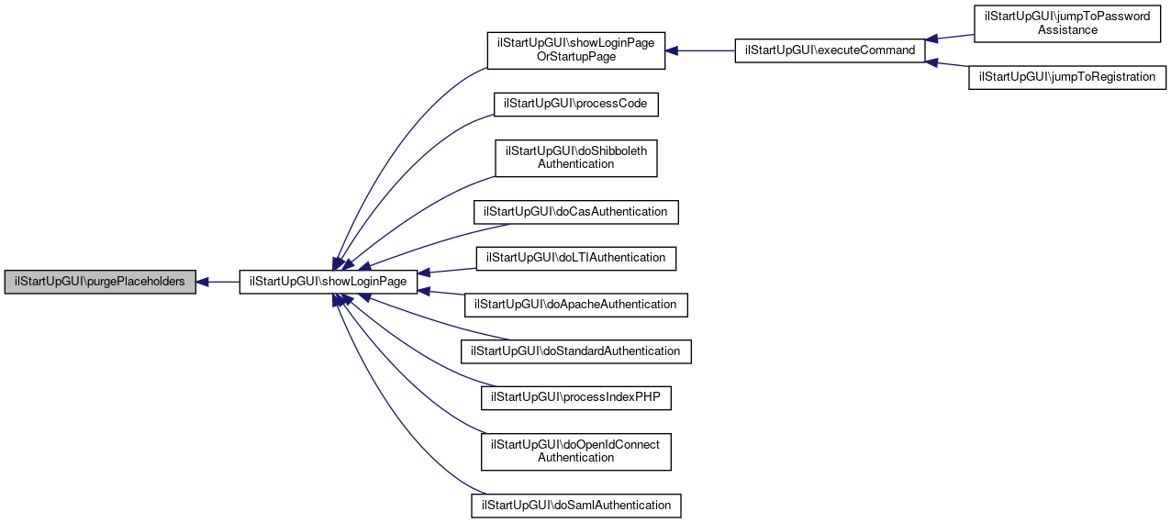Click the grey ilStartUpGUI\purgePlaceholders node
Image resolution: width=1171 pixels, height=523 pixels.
click(x=100, y=282)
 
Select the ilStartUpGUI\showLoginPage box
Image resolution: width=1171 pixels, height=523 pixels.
click(x=329, y=282)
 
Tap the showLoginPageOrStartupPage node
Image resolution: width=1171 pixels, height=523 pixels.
click(x=576, y=50)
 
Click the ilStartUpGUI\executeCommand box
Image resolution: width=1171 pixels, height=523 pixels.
click(x=831, y=50)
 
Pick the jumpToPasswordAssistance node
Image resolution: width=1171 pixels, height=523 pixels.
click(x=1067, y=24)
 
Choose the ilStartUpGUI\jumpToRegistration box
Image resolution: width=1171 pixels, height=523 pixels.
click(x=1067, y=77)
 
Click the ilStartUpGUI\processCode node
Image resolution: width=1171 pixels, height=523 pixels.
click(x=576, y=105)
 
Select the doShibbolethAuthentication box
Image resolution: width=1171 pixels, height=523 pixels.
click(x=576, y=159)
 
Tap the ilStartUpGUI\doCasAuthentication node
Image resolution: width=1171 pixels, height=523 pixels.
click(x=576, y=212)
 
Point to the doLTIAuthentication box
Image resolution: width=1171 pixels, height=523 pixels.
click(x=576, y=259)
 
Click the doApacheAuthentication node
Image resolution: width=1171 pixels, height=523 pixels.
click(x=576, y=306)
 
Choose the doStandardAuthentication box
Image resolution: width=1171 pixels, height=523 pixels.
click(x=576, y=351)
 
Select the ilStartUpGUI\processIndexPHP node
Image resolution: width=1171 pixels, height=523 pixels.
click(x=576, y=398)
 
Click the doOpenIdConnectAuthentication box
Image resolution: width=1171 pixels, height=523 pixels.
click(x=576, y=452)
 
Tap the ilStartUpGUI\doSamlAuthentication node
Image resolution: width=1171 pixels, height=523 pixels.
click(x=576, y=506)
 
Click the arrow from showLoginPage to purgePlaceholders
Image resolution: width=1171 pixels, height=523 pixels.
click(x=217, y=282)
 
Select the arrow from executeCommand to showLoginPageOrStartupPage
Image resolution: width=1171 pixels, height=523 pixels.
click(x=700, y=50)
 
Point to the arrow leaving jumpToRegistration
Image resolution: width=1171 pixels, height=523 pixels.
click(x=947, y=63)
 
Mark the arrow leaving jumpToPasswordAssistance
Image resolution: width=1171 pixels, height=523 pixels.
click(x=949, y=38)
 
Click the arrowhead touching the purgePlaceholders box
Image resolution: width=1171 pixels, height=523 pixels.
click(x=202, y=282)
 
